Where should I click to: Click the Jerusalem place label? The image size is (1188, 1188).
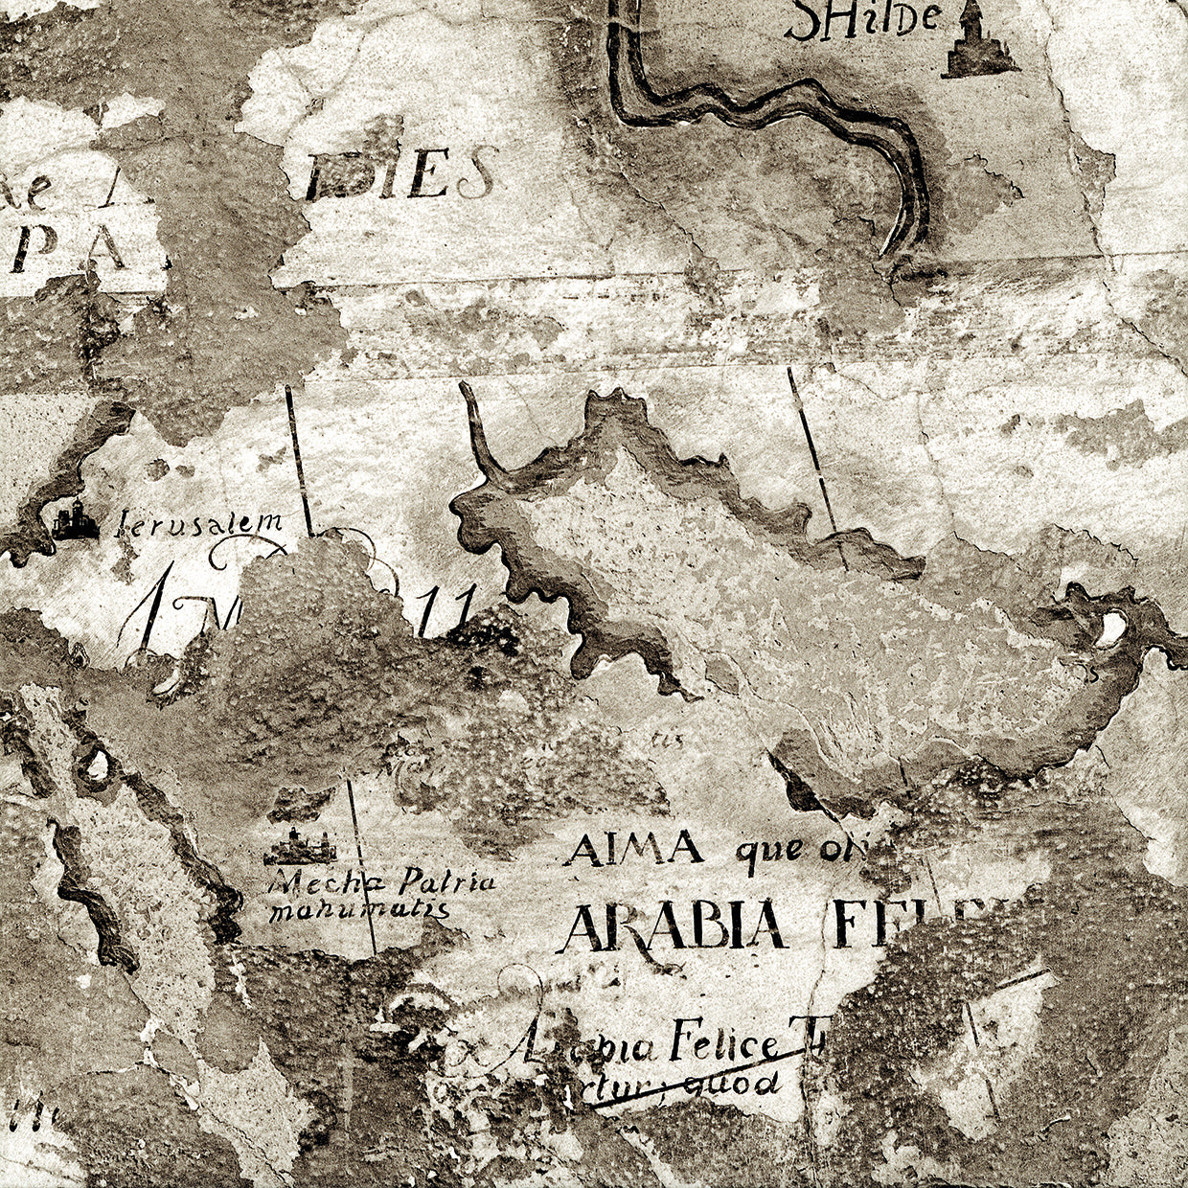point(200,523)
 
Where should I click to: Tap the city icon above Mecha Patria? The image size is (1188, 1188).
point(301,845)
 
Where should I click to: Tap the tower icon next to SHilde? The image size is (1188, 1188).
point(978,38)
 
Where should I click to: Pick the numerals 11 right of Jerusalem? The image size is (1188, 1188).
point(455,609)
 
